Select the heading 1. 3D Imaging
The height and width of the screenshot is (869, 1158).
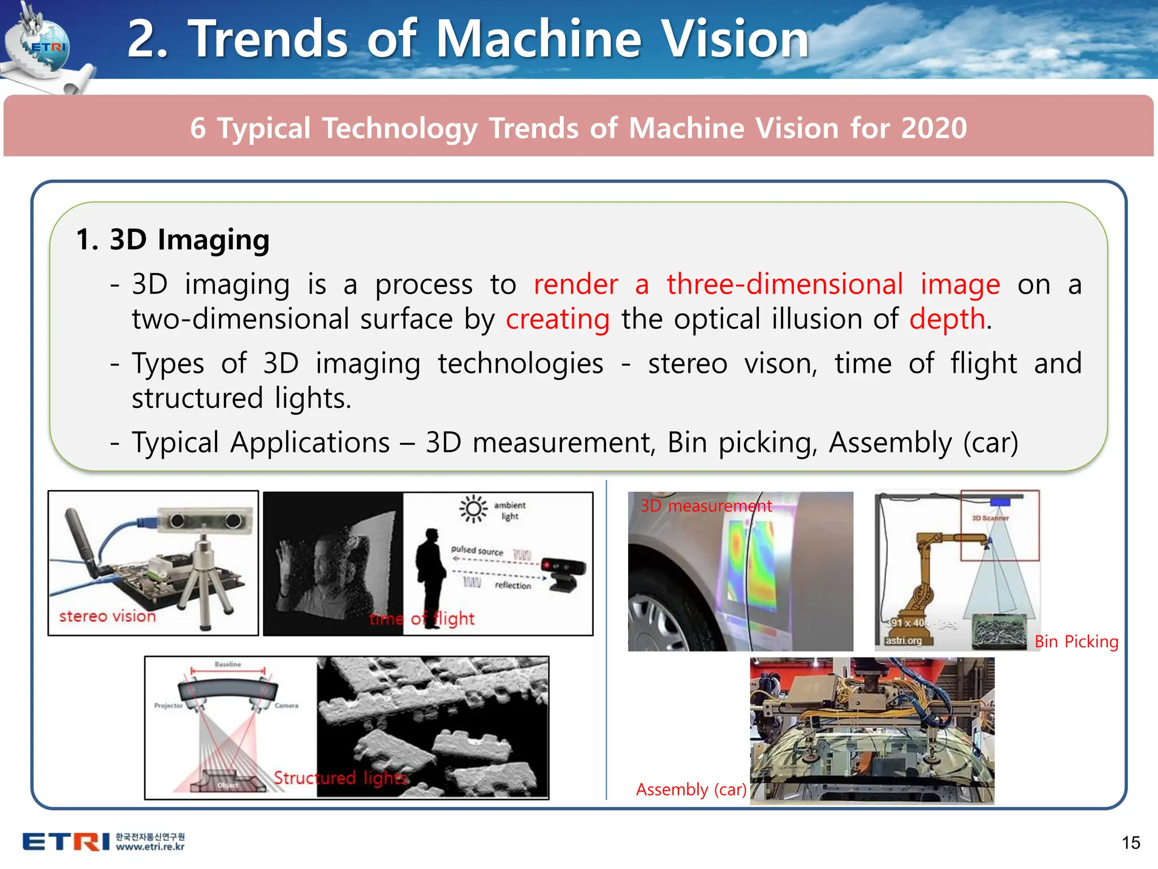tap(172, 239)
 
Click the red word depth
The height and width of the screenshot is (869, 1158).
tap(948, 319)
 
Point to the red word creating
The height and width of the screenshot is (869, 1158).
tap(558, 319)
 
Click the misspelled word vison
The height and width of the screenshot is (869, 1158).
tap(781, 363)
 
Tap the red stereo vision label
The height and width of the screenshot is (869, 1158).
tap(107, 616)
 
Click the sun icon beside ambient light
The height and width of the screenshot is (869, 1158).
tap(473, 509)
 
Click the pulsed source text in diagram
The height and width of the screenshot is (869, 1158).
tap(477, 550)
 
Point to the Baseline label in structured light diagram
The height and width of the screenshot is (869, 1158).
tap(228, 664)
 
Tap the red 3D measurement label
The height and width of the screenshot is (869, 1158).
tap(706, 505)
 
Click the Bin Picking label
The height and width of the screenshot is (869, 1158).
tap(1076, 641)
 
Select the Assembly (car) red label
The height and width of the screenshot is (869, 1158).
tap(691, 789)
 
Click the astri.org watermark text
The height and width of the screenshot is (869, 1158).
tap(903, 640)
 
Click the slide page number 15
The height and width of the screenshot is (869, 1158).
tap(1131, 842)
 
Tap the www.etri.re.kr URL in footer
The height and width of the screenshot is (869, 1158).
tap(150, 847)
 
